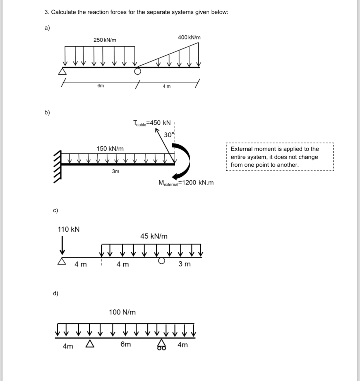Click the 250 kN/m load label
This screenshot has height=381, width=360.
coord(105,40)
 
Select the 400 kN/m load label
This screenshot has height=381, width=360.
coord(189,37)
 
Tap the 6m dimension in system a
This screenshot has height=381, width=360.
coord(100,86)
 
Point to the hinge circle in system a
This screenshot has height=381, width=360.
coord(138,71)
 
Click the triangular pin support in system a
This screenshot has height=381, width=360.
coord(63,72)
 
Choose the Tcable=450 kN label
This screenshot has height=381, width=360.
coord(152,123)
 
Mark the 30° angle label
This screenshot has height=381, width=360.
coord(169,135)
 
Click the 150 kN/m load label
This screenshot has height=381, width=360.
coord(110,149)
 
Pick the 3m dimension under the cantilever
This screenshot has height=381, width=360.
coord(116,171)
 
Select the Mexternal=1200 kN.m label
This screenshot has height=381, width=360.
coord(186,183)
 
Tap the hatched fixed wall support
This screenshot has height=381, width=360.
coord(57,167)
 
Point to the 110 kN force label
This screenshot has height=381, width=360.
coord(69,229)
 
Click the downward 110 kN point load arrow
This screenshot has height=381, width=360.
coord(63,245)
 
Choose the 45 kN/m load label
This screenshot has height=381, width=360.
coord(154,236)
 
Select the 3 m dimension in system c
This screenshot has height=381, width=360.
coord(184,264)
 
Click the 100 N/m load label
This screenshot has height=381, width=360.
coord(122,312)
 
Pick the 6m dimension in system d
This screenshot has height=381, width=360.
coord(126,344)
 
